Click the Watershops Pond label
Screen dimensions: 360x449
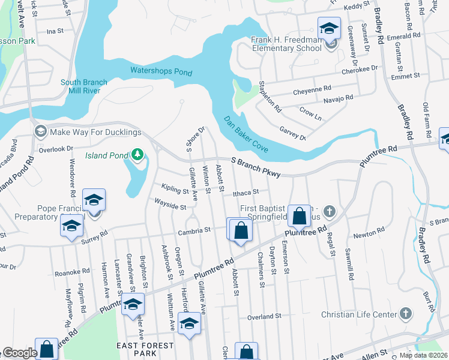tap(161, 72)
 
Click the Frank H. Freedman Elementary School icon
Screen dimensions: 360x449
tap(329, 28)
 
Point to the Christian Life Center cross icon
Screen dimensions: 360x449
tap(406, 314)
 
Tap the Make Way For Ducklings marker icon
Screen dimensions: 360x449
tap(41, 131)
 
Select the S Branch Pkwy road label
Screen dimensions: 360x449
tap(256, 167)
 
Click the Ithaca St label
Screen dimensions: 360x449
tap(246, 192)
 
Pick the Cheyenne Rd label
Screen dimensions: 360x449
tap(312, 90)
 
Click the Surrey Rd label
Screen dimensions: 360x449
tap(95, 237)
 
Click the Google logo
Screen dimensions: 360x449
tap(20, 353)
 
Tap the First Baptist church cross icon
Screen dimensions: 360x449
tap(328, 211)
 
